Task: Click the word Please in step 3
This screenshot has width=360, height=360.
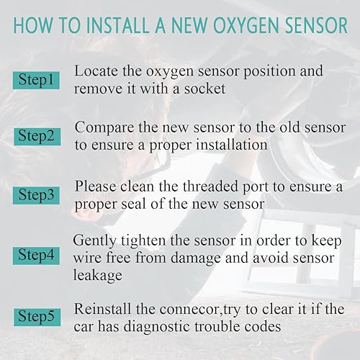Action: (x=95, y=186)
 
